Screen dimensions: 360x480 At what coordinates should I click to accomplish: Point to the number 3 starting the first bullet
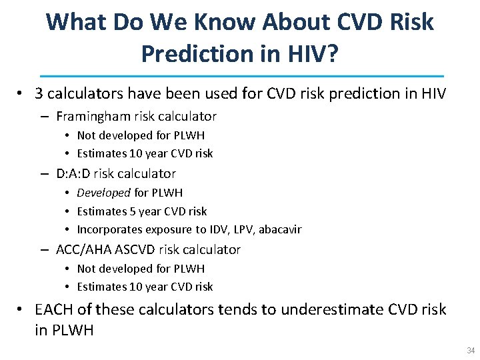tap(39, 94)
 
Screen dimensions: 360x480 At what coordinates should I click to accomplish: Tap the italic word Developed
tap(103, 193)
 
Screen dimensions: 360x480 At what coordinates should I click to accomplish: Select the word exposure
tap(164, 230)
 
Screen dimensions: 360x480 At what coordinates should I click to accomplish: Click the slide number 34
tap(470, 350)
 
